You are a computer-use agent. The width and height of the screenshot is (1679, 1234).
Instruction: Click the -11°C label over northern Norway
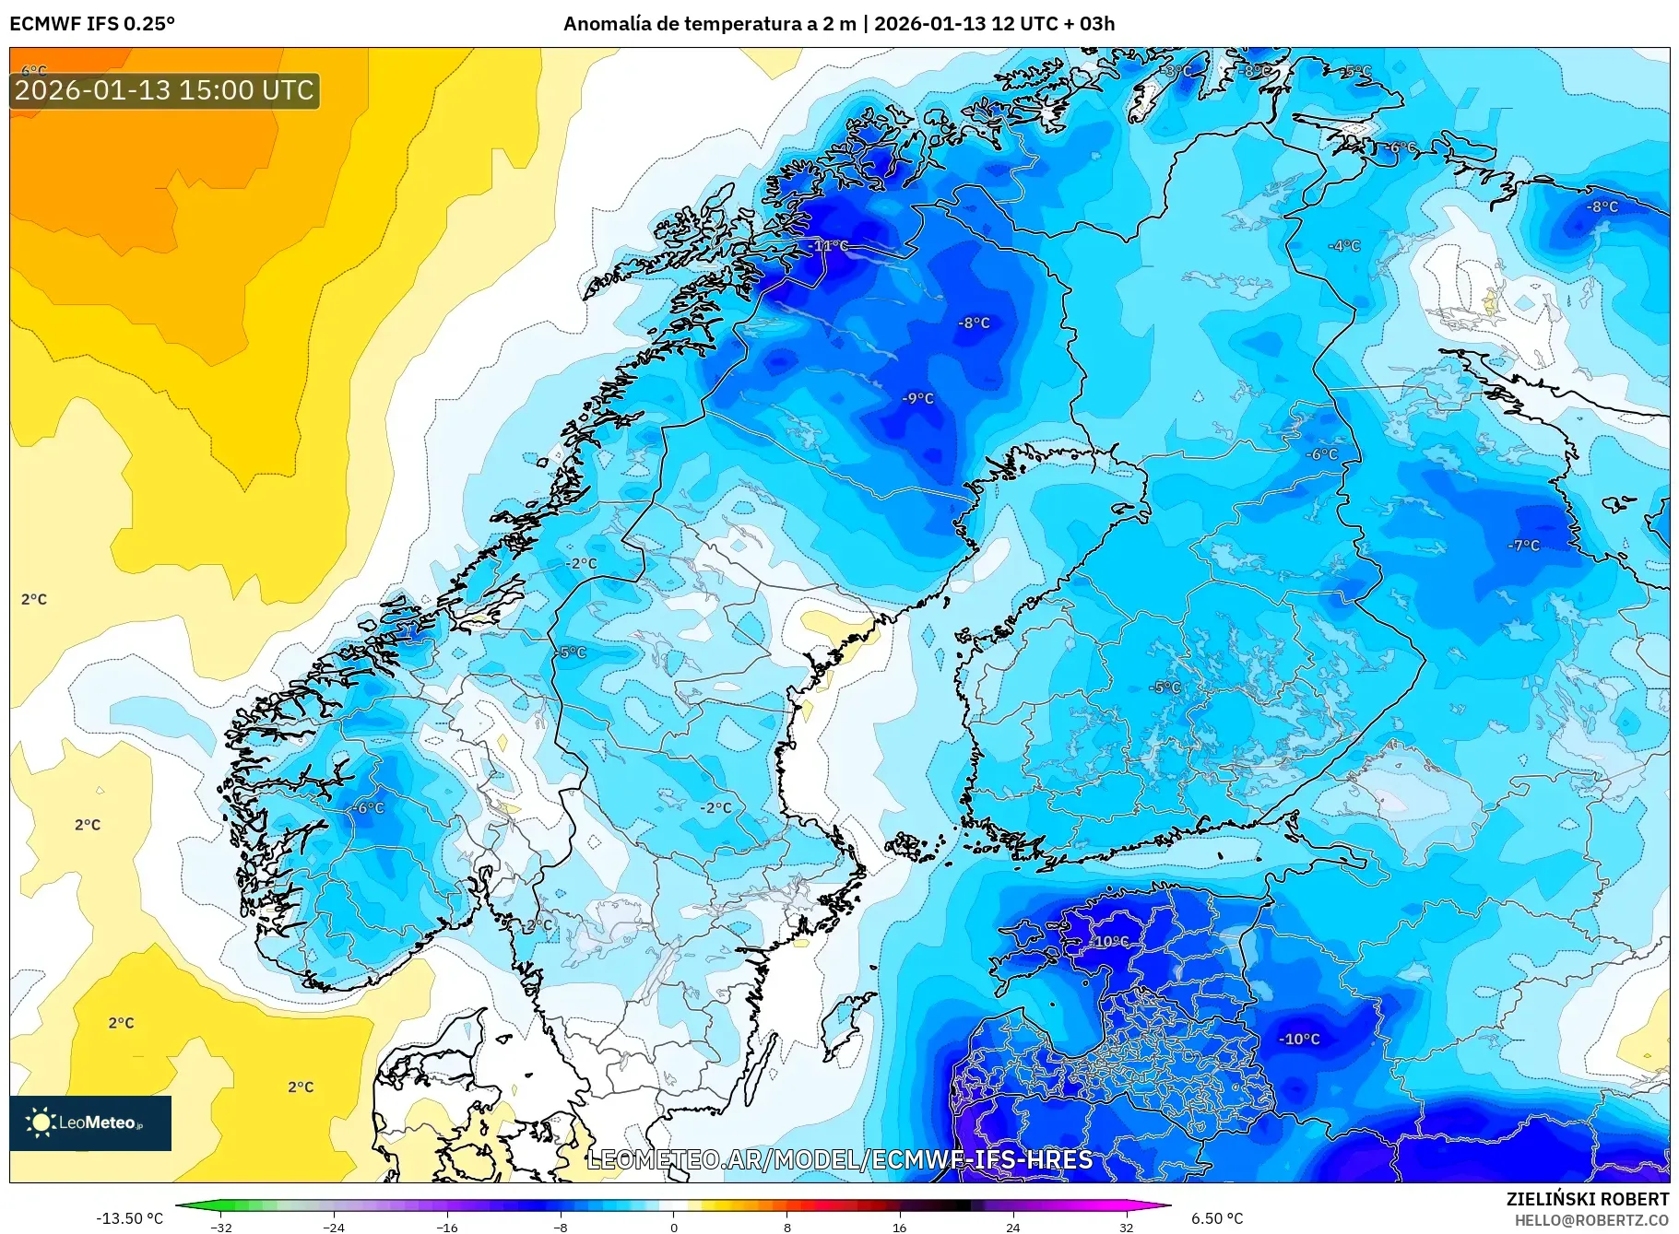click(x=830, y=245)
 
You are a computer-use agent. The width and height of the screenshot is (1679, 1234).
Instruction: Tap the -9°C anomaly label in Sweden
click(x=917, y=398)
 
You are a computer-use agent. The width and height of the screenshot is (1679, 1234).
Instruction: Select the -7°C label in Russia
click(x=1523, y=545)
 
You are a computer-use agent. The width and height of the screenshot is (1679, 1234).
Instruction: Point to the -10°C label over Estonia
click(x=1110, y=941)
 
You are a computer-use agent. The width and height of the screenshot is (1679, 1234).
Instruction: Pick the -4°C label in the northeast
click(x=1343, y=245)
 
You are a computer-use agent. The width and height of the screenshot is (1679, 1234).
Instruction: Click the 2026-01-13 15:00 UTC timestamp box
click(x=164, y=90)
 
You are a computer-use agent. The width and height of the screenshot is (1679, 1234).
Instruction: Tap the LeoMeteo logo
click(x=89, y=1122)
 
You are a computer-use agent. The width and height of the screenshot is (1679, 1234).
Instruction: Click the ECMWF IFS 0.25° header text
click(x=92, y=23)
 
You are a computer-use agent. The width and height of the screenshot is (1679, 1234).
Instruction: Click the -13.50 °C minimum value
click(x=129, y=1218)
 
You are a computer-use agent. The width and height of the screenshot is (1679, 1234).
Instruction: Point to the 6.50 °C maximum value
click(x=1217, y=1218)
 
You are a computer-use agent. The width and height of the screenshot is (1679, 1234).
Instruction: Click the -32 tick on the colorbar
click(x=221, y=1227)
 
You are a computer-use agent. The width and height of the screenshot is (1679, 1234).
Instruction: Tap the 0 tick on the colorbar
click(x=673, y=1227)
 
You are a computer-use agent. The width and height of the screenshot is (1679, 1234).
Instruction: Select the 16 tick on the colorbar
click(x=899, y=1227)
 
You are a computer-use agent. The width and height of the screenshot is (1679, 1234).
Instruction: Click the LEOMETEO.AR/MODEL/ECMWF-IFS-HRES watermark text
click(x=839, y=1159)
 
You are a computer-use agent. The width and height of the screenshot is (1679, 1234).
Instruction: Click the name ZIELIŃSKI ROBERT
click(x=1587, y=1199)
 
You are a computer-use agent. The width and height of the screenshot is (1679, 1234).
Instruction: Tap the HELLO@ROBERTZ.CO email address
click(x=1591, y=1220)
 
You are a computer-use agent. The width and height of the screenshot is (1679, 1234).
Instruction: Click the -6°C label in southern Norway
click(x=368, y=807)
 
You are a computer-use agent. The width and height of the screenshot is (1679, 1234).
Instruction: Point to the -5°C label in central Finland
click(x=1165, y=687)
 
